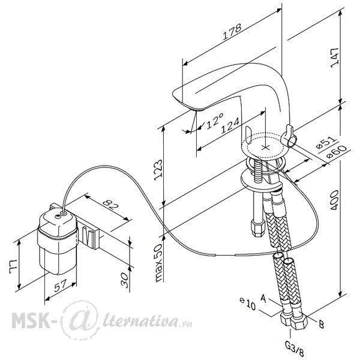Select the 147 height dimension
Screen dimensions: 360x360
pyautogui.click(x=335, y=58)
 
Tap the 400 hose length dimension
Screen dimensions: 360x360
pyautogui.click(x=334, y=200)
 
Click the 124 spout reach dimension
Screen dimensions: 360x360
pyautogui.click(x=230, y=125)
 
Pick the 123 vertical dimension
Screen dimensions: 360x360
pyautogui.click(x=158, y=170)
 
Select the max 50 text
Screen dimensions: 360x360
pyautogui.click(x=158, y=263)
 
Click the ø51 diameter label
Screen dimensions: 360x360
pyautogui.click(x=326, y=143)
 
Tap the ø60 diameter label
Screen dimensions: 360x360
pyautogui.click(x=337, y=152)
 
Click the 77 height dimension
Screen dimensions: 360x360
pyautogui.click(x=13, y=266)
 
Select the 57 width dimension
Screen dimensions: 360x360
pyautogui.click(x=61, y=285)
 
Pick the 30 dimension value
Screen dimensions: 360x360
pyautogui.click(x=125, y=280)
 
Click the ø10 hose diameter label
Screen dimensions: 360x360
pyautogui.click(x=247, y=304)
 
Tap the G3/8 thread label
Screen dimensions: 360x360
pyautogui.click(x=295, y=349)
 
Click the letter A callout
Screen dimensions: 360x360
pyautogui.click(x=263, y=298)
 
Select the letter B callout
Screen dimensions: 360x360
pyautogui.click(x=322, y=325)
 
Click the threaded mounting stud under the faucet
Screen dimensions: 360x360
pyautogui.click(x=258, y=170)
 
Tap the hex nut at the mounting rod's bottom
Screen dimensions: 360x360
pyautogui.click(x=259, y=228)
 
